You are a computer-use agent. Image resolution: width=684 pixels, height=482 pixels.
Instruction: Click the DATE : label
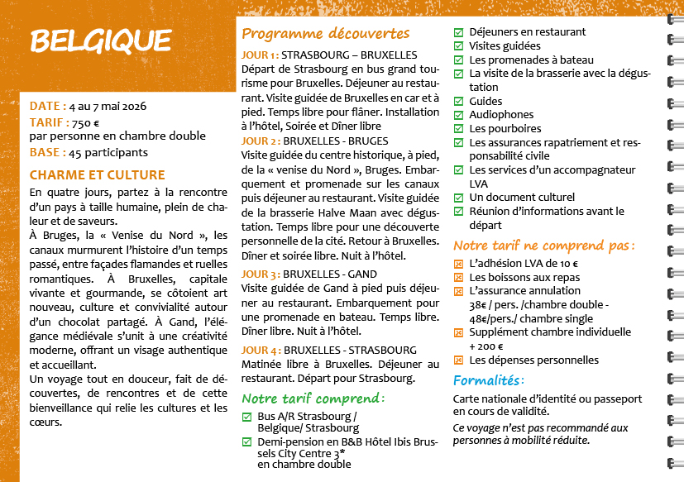coord(48,106)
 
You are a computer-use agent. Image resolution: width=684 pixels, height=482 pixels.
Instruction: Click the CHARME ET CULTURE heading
coord(97,175)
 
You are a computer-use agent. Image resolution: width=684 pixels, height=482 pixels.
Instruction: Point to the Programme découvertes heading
coord(325,34)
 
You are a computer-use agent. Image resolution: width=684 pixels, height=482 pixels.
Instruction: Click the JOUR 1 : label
coord(260,55)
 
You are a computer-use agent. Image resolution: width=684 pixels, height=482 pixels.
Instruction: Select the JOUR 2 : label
coord(261,141)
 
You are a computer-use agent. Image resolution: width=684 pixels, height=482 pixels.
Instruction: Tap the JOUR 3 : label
coord(261,274)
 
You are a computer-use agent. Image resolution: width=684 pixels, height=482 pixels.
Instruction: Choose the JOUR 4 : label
coord(261,350)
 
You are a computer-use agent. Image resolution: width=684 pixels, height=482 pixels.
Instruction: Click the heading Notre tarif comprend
coord(313,398)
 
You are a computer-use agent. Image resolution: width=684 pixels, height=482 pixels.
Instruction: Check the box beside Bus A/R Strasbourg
coord(246,416)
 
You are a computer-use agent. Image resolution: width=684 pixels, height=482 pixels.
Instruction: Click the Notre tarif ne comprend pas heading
coord(543,246)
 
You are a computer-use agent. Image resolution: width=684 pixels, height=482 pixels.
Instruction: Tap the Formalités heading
coord(488,380)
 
